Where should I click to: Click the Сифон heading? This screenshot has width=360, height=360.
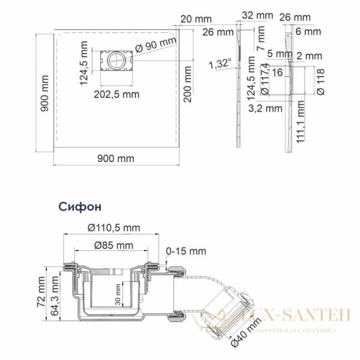click(80, 207)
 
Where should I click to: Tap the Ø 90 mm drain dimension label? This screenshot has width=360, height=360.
click(156, 44)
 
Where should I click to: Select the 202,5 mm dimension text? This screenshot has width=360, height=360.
click(116, 94)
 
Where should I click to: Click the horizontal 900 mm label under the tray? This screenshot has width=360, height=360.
click(116, 158)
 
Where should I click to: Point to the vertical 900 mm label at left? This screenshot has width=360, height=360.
click(44, 93)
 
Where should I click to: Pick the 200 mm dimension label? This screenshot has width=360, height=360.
click(188, 84)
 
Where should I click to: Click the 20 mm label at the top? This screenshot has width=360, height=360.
click(196, 19)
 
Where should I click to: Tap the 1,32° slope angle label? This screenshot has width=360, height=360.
click(220, 64)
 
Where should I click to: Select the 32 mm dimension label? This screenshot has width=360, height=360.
click(257, 16)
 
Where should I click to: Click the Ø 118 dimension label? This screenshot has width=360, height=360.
click(320, 82)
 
